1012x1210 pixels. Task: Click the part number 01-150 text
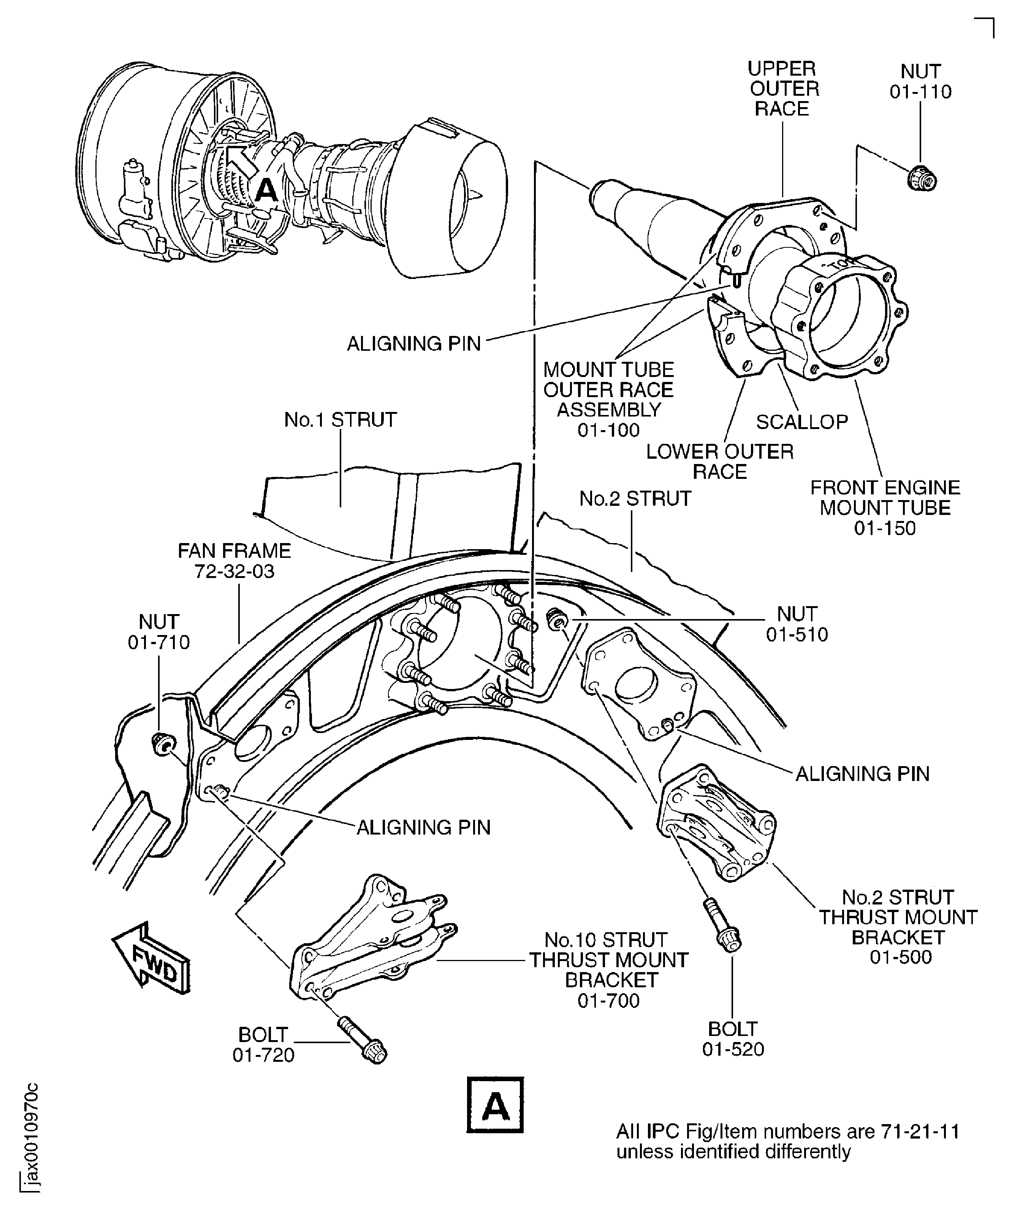885,528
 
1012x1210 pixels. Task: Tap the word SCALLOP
801,422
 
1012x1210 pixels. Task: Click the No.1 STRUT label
340,420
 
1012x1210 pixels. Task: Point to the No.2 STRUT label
635,499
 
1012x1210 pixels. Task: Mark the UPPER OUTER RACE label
782,89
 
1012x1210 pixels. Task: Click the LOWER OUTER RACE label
719,461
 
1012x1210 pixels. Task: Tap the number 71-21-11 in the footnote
920,1132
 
